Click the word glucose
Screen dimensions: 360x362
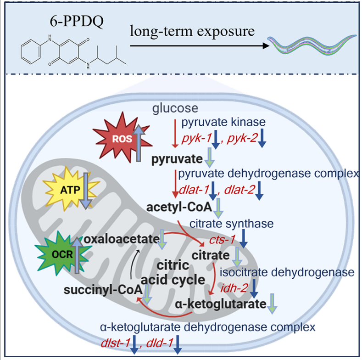(x=175, y=109)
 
